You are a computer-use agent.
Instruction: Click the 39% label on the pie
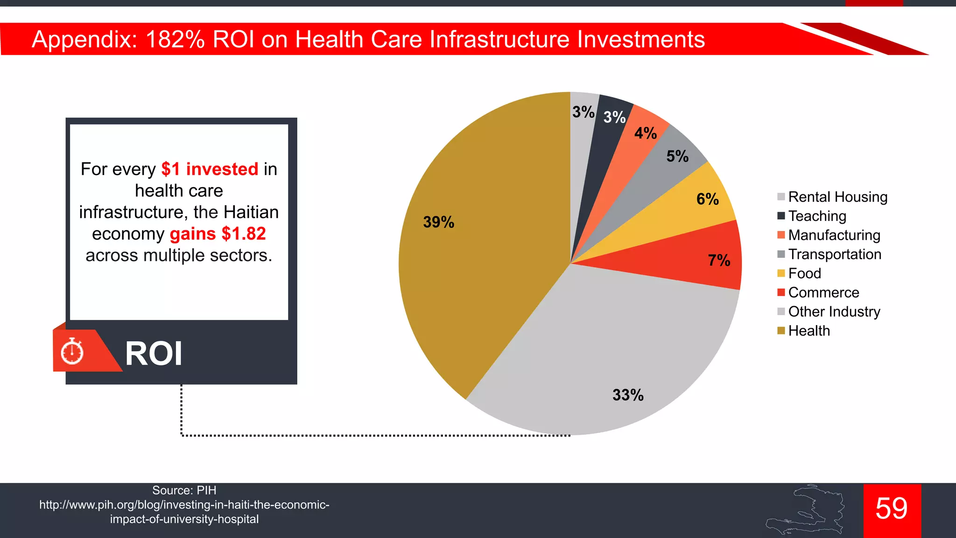(438, 222)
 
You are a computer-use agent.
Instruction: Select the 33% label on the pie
(628, 395)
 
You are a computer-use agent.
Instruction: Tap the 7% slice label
(719, 260)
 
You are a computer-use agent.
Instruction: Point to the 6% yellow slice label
(708, 199)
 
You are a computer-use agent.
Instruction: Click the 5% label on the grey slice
(677, 156)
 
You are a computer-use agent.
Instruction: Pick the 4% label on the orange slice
(646, 133)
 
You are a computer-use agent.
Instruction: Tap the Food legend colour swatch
(781, 273)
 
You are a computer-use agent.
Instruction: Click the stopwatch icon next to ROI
(72, 352)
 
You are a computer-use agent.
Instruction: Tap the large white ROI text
(154, 354)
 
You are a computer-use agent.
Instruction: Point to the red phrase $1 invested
(210, 169)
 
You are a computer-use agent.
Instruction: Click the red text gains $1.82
(218, 234)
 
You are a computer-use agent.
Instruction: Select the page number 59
(892, 509)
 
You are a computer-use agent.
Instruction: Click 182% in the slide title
(175, 39)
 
